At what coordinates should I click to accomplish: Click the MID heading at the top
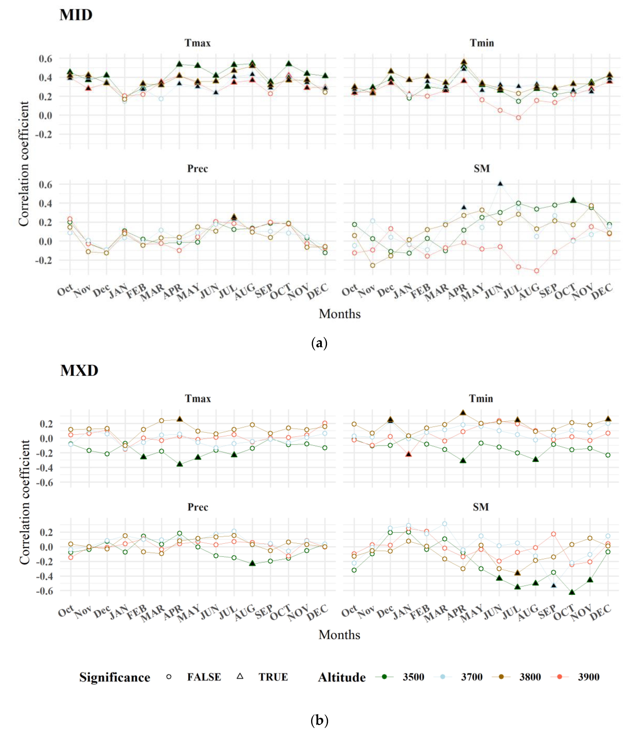coord(76,15)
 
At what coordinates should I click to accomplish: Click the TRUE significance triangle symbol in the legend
coord(240,676)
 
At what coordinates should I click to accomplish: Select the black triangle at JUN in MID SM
coord(500,184)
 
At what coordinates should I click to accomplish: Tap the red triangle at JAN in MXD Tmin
coord(409,454)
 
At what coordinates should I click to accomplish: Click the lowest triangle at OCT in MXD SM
coord(572,592)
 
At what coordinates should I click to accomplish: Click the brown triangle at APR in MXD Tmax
coord(180,419)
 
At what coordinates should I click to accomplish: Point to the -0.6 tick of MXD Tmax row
coord(45,482)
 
